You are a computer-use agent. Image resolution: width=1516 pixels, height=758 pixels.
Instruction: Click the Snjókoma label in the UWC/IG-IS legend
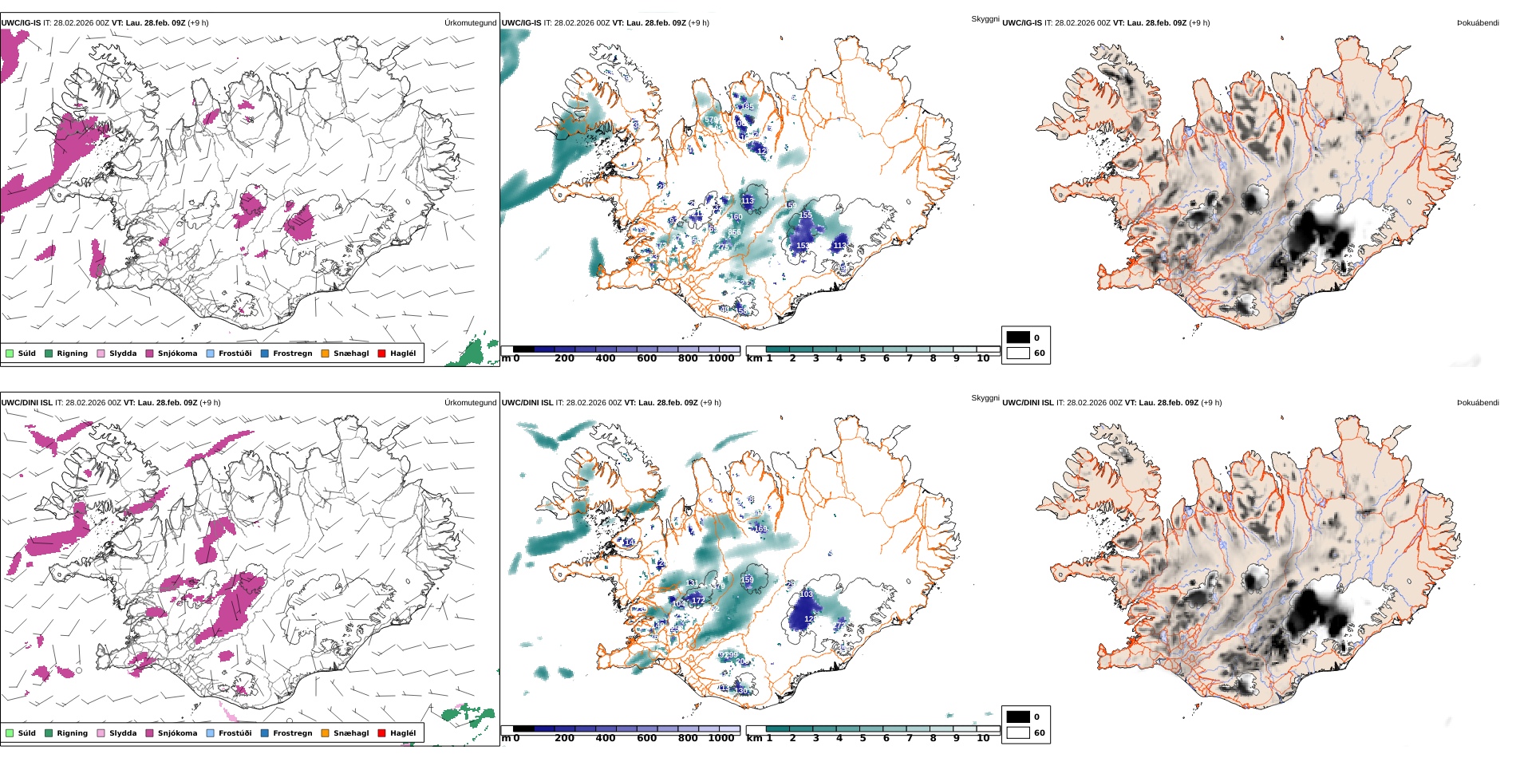177,353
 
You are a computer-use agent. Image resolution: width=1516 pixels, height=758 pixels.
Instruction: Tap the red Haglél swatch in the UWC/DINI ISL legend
381,733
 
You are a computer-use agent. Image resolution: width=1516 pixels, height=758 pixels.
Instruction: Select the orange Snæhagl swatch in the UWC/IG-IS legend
325,353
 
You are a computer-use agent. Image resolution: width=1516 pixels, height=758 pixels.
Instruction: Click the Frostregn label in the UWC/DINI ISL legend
292,733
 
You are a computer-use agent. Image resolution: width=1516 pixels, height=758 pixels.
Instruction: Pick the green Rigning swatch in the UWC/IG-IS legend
49,353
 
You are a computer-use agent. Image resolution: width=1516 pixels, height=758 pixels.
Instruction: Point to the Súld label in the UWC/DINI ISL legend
26,733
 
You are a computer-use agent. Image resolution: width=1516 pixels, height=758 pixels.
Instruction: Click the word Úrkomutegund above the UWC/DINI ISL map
470,403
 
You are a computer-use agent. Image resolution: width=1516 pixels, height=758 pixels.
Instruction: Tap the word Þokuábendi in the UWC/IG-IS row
1478,23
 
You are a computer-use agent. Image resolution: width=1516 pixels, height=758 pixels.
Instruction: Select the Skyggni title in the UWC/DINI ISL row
985,398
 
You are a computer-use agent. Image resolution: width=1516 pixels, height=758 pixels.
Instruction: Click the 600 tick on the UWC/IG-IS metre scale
646,359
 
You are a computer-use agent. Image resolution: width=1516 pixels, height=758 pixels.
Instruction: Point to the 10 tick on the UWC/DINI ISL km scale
983,739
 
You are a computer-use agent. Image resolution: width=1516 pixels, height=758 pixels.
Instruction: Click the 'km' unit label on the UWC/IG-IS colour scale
754,359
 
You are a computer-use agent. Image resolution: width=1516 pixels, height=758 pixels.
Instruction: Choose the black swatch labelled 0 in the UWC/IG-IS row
1018,338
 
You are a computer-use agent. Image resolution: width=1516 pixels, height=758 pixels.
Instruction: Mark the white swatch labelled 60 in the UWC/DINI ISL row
1018,732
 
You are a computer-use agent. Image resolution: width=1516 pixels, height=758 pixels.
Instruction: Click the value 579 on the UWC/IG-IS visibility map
711,120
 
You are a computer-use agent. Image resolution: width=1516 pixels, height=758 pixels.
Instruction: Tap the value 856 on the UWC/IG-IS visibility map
734,232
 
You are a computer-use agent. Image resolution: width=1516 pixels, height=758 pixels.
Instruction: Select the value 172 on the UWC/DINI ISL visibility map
698,600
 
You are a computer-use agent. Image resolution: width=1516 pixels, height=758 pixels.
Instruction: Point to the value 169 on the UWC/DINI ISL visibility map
760,528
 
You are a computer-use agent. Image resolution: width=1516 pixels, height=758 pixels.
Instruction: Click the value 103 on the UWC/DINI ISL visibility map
806,594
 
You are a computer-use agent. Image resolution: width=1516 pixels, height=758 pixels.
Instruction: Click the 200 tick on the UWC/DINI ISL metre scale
564,739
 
